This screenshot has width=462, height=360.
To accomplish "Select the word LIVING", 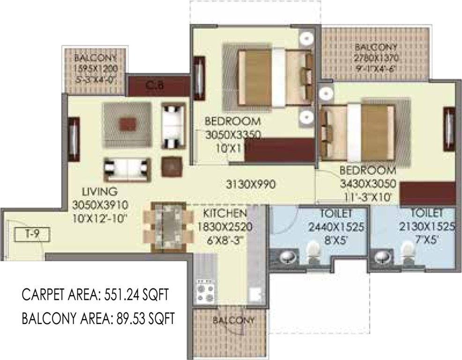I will (x=99, y=192).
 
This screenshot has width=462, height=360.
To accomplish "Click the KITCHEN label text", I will (x=225, y=214).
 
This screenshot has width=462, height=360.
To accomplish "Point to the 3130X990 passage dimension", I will (x=249, y=184).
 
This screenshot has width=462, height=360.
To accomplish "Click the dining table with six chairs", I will (x=169, y=224).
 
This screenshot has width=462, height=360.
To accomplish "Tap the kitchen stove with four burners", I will (x=205, y=291).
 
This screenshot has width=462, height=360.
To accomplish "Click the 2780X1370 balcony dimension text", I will (x=376, y=58).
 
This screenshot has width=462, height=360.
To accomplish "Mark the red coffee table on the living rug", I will (x=127, y=124).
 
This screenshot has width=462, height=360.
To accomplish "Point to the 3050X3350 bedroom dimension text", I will (x=233, y=136).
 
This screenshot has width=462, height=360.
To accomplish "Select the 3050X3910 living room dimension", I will (x=100, y=204).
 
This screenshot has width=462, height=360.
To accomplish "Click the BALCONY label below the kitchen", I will (x=233, y=321).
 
